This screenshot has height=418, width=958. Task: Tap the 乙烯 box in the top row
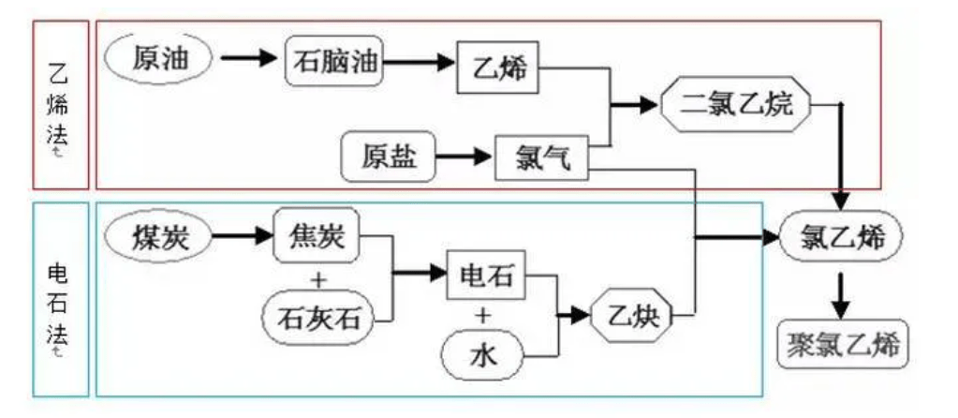tap(498, 67)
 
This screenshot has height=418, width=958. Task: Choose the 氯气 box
tap(539, 157)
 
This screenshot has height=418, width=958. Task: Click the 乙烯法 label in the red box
tap(60, 105)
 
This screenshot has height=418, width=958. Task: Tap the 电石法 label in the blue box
tap(60, 298)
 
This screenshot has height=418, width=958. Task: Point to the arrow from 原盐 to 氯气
tap(465, 156)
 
